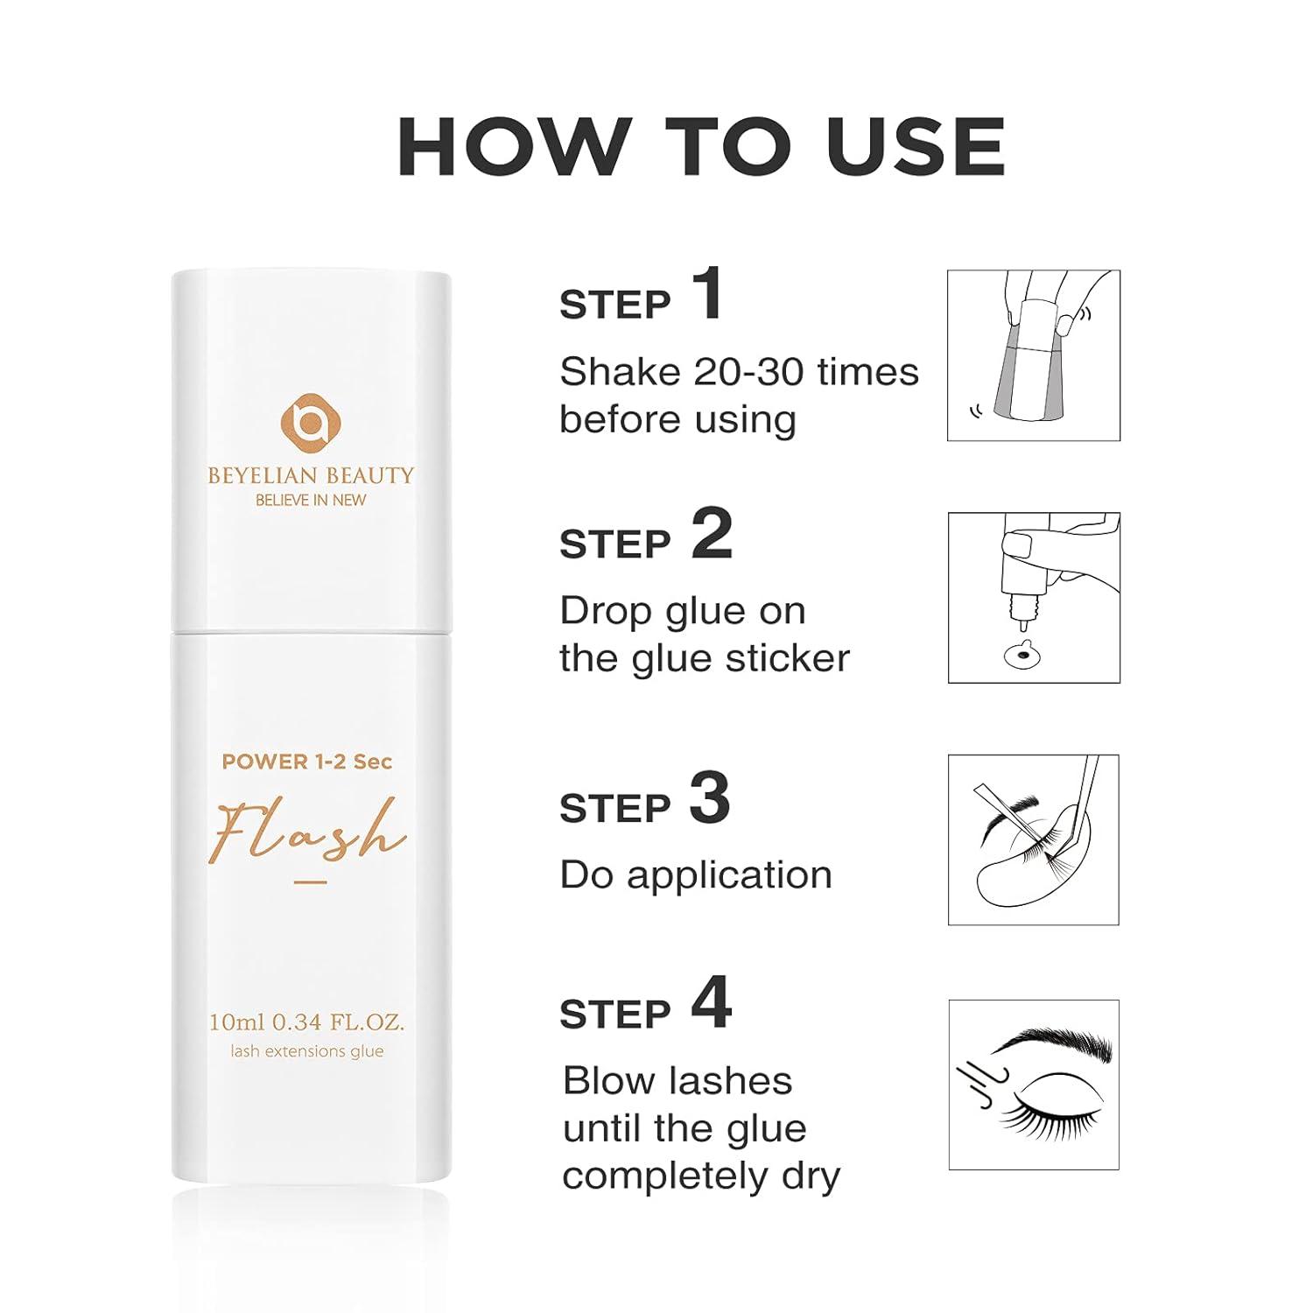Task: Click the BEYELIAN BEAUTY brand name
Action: pos(310,475)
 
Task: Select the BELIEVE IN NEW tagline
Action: pos(310,500)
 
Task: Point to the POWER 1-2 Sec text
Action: pos(306,762)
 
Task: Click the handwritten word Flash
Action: pos(306,832)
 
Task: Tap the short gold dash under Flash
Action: pos(310,882)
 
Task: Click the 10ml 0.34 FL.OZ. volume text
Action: pos(306,1022)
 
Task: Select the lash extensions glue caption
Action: pos(306,1051)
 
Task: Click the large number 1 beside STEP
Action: pos(707,295)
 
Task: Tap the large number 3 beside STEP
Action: pos(709,798)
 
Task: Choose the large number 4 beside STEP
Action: pos(711,1004)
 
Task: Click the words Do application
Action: pos(696,874)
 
